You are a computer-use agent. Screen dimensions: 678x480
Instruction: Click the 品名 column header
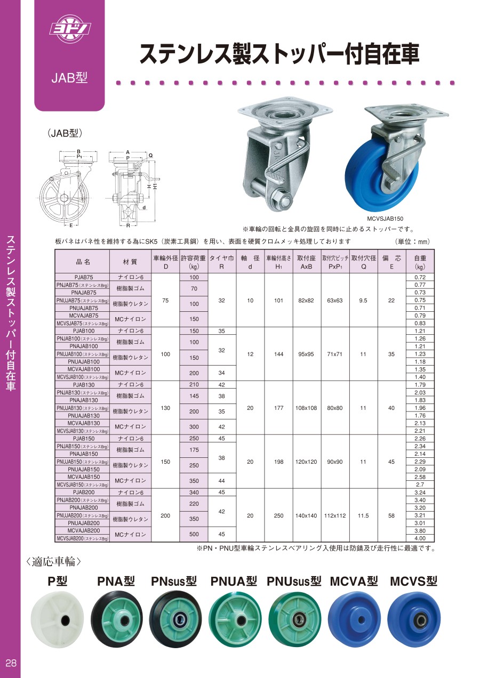[x=83, y=262]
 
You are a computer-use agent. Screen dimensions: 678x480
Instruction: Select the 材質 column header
[x=130, y=262]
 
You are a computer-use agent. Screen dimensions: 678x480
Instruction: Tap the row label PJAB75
[x=83, y=277]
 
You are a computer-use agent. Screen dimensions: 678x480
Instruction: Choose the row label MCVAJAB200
[x=83, y=531]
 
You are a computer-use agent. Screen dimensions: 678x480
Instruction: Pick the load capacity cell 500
[x=194, y=535]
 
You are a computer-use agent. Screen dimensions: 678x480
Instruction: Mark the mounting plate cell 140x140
[x=306, y=516]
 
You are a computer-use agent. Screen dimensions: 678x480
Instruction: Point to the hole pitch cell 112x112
[x=335, y=516]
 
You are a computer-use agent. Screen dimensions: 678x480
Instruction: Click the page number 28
[x=11, y=663]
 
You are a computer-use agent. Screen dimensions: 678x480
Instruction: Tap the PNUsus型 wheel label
[x=294, y=581]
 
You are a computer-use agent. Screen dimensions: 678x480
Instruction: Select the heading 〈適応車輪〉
[x=53, y=561]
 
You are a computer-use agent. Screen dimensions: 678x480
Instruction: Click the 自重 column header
[x=420, y=262]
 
